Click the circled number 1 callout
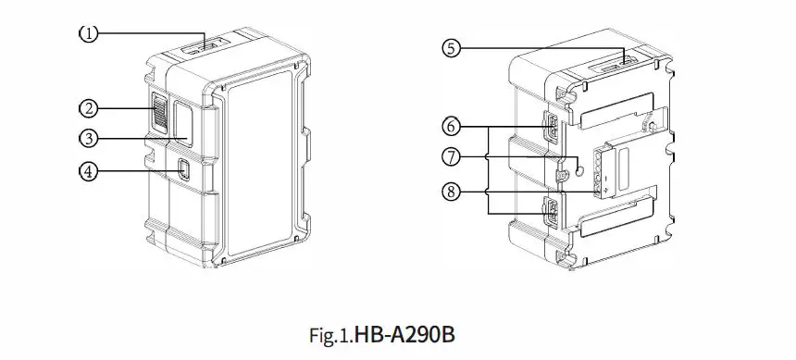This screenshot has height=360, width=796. pos(87,33)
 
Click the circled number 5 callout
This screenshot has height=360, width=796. pos(451,49)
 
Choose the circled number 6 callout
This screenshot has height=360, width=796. pos(451,124)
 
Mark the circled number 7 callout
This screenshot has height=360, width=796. pos(451,157)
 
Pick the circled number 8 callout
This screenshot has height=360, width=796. pos(451,192)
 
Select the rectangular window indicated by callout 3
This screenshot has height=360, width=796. pos(180,122)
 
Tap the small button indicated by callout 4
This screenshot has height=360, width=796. pos(183,169)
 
